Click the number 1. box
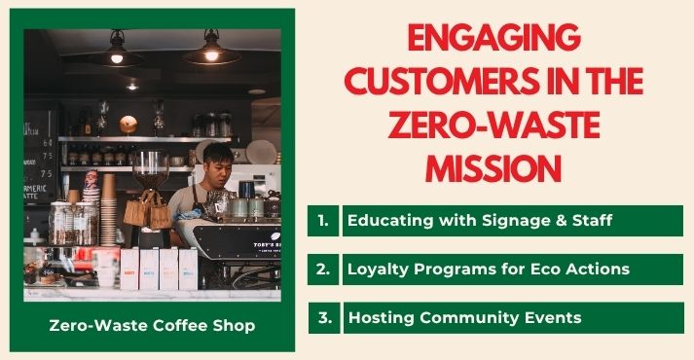pyautogui.click(x=323, y=221)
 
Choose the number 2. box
pyautogui.click(x=323, y=270)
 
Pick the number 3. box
pyautogui.click(x=323, y=318)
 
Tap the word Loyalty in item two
pyautogui.click(x=381, y=270)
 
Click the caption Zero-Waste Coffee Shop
pyautogui.click(x=152, y=325)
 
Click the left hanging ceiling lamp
pyautogui.click(x=115, y=54)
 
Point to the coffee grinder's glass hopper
pyautogui.click(x=150, y=165)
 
